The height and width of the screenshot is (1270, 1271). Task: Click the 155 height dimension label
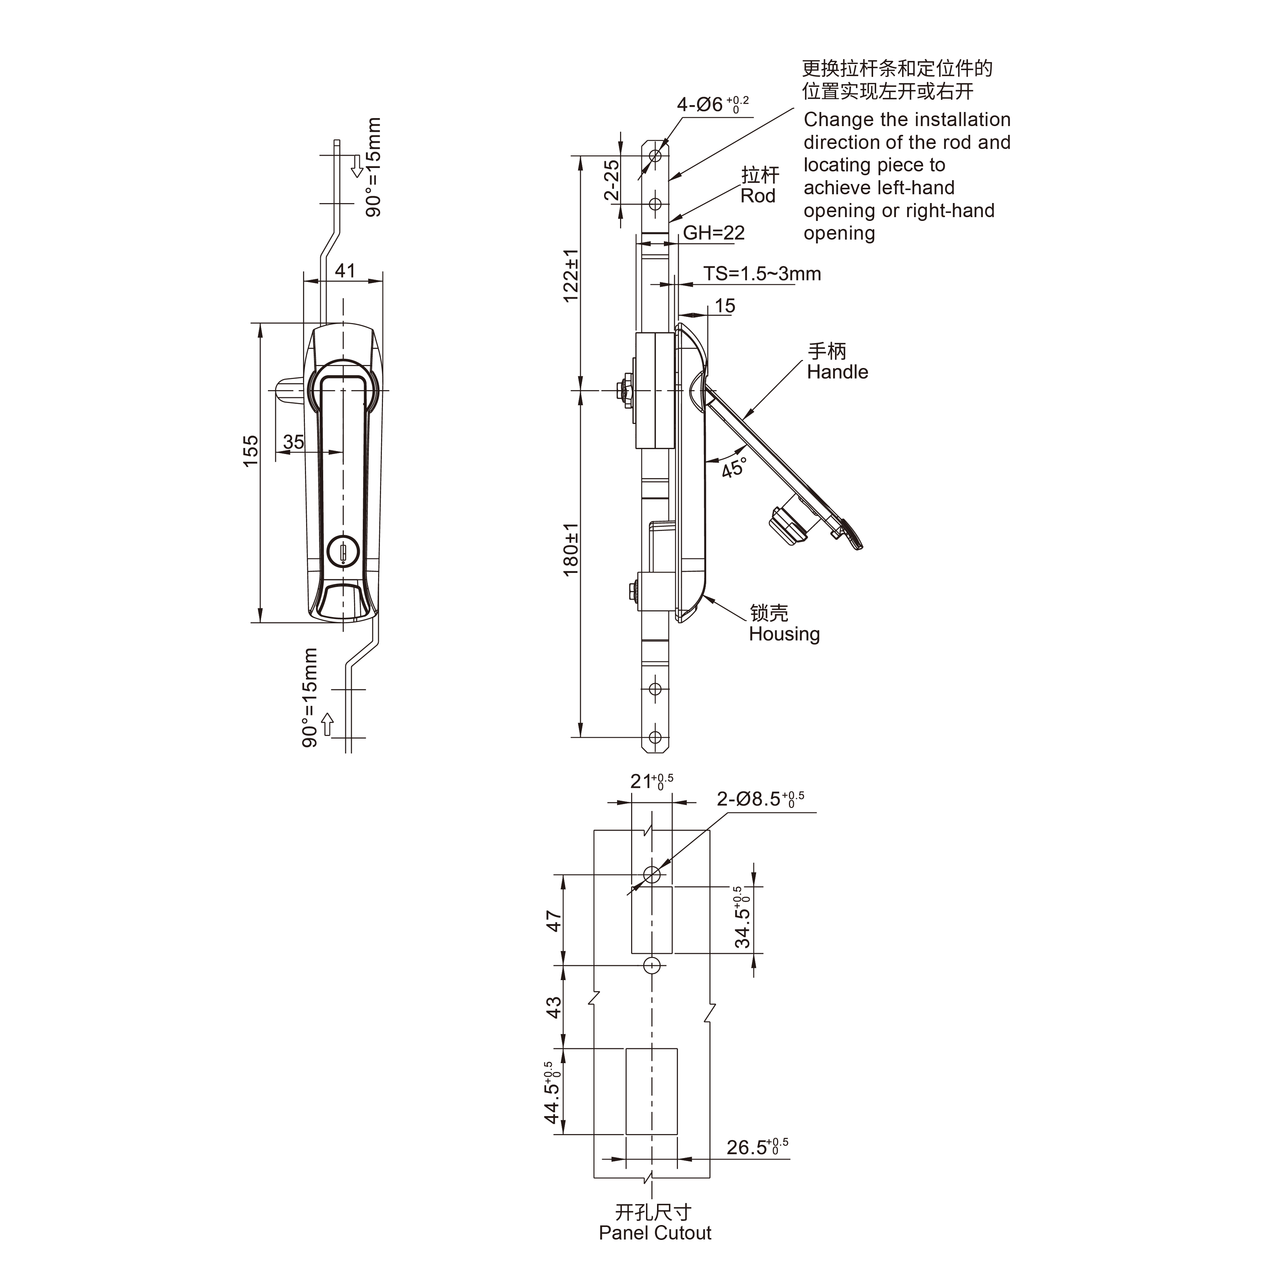251,451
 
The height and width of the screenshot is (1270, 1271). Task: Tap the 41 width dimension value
345,270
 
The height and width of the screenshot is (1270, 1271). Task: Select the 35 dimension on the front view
293,441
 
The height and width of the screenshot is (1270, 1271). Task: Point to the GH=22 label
714,233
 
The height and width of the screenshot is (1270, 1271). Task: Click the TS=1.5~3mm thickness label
762,274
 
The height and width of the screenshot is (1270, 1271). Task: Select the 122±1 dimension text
571,275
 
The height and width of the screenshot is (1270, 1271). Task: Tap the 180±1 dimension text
571,550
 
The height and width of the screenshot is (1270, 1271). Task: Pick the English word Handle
837,372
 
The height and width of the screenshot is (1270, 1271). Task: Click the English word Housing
784,634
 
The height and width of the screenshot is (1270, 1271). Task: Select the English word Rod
758,196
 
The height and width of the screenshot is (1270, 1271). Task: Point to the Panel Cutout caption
655,1233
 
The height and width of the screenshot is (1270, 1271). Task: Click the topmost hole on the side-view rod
655,156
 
